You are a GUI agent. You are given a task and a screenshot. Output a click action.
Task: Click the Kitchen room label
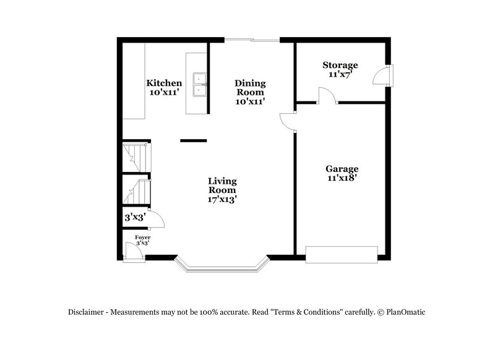click(x=164, y=83)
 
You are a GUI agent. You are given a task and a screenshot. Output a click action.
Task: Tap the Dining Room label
click(x=250, y=87)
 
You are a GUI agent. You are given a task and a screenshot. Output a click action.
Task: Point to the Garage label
click(x=342, y=168)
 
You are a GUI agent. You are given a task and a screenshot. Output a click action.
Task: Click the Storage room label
click(x=340, y=65)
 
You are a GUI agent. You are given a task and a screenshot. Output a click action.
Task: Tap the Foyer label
click(x=142, y=237)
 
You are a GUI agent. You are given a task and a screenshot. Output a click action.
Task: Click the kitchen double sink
click(x=199, y=84)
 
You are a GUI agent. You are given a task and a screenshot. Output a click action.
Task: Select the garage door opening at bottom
click(x=342, y=254)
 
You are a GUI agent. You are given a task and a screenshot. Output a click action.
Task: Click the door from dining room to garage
click(x=287, y=122)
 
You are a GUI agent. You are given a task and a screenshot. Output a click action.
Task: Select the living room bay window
click(x=221, y=265)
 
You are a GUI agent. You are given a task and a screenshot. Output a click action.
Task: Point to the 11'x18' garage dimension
click(x=342, y=178)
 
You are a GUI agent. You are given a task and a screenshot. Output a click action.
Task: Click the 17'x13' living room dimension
click(x=222, y=199)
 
